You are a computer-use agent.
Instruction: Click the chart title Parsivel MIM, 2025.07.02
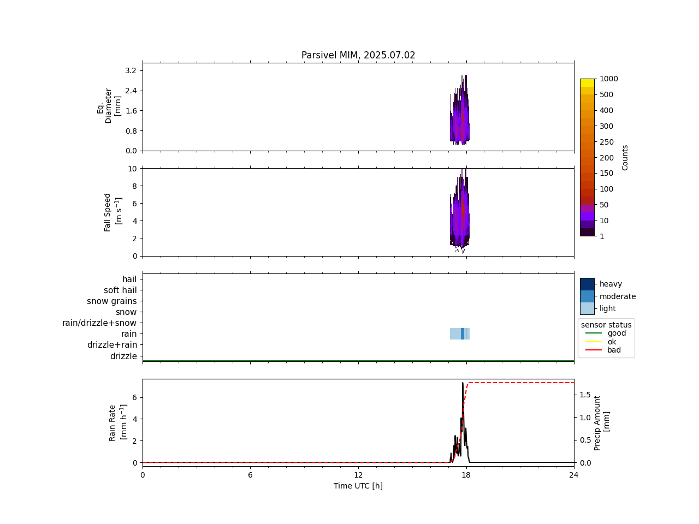coord(358,55)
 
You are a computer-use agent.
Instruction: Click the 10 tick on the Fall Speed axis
coord(132,169)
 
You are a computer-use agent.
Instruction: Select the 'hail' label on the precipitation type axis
coord(129,279)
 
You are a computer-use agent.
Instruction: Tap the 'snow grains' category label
coord(112,301)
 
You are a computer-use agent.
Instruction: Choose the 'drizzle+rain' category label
coord(112,345)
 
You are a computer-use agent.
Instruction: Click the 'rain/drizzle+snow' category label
coord(99,323)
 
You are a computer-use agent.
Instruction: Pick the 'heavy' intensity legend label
coord(611,284)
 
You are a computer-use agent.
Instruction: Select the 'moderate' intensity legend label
coord(618,296)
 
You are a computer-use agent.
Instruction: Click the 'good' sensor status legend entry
coord(617,333)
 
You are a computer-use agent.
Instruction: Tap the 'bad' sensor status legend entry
coord(614,350)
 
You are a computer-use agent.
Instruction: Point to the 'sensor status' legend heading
coord(606,325)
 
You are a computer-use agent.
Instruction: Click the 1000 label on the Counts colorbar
coord(609,79)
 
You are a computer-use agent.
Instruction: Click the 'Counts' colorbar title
coord(625,157)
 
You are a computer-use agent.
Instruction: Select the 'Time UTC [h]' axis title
coord(358,486)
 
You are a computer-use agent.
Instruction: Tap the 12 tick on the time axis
coord(358,475)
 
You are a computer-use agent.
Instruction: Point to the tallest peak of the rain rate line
coord(463,383)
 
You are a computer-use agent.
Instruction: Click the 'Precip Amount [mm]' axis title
coord(602,423)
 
